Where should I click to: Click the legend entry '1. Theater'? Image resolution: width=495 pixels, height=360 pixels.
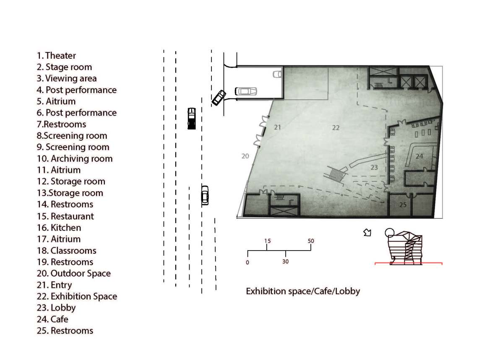(x=56, y=56)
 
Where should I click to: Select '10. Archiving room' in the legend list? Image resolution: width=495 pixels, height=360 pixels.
(x=75, y=158)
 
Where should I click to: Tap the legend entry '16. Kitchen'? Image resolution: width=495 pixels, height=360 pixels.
(x=59, y=228)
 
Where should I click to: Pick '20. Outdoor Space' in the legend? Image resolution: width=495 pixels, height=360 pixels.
(x=73, y=273)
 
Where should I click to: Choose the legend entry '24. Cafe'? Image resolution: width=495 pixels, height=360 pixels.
(x=52, y=319)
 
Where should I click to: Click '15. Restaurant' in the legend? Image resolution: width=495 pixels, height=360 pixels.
(x=65, y=216)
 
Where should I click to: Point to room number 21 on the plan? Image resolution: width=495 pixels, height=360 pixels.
(x=277, y=127)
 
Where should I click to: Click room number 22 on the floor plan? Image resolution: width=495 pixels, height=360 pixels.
(x=336, y=127)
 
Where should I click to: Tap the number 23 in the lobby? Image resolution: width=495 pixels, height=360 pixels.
(x=374, y=167)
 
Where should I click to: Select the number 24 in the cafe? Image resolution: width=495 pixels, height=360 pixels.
(x=419, y=156)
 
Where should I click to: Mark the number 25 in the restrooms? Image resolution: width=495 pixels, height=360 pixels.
(x=403, y=205)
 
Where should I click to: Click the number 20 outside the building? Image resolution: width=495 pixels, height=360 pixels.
(x=245, y=156)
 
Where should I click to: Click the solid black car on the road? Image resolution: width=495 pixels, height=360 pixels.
(x=192, y=118)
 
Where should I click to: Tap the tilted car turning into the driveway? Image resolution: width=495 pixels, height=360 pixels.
(x=219, y=98)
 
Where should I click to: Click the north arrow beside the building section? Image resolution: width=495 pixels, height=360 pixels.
(x=367, y=233)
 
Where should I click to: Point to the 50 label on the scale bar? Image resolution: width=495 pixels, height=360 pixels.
(x=311, y=241)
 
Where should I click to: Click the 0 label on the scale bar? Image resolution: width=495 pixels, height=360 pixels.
(x=247, y=262)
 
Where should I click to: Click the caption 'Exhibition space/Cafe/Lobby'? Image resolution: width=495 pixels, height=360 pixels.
(x=303, y=291)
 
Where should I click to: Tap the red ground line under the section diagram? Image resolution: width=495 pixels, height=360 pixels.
(x=409, y=263)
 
